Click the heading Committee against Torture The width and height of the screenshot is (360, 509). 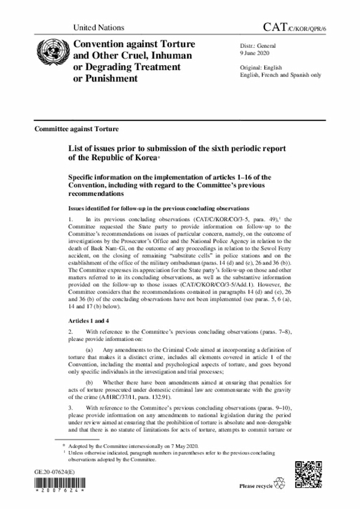click(76, 129)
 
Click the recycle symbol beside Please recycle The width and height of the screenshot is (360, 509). click(279, 484)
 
